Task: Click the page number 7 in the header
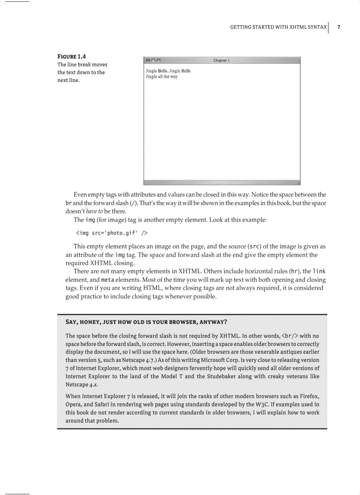[339, 27]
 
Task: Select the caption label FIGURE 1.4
[72, 56]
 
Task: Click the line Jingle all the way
[161, 77]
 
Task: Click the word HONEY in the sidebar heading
[91, 322]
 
